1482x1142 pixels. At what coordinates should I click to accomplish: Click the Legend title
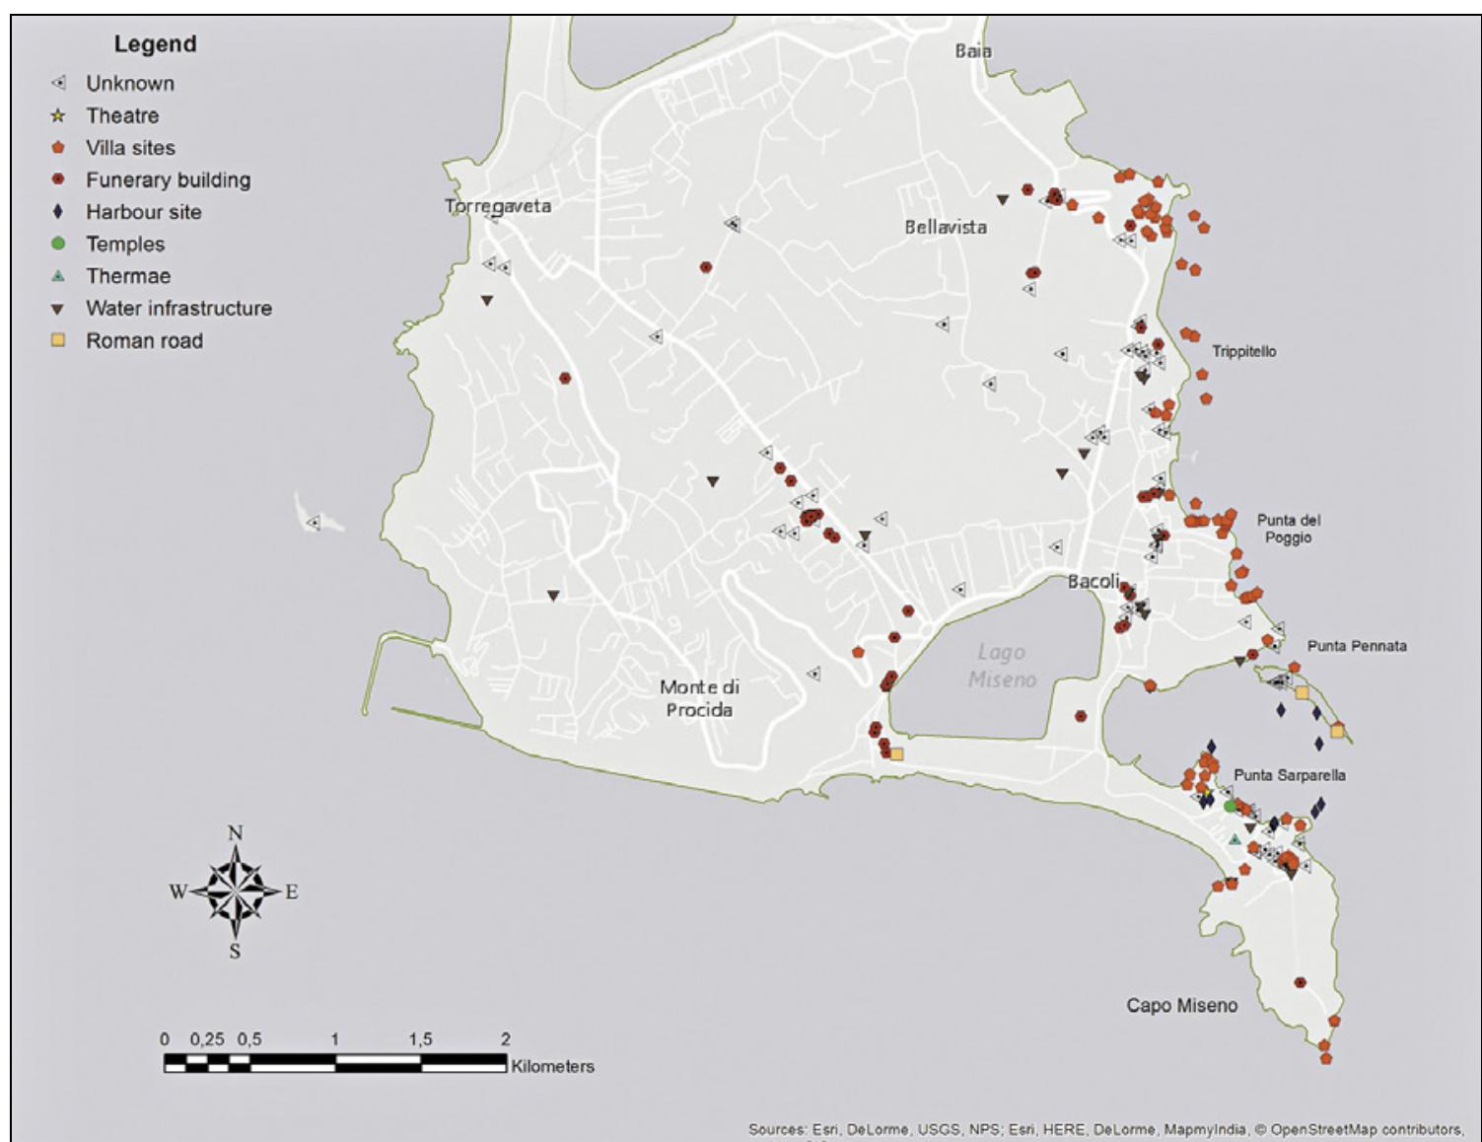pos(155,44)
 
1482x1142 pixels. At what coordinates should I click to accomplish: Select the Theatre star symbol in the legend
pos(58,116)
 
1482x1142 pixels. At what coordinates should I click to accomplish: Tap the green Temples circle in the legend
pos(58,244)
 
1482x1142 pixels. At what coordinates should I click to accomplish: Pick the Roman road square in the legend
pos(58,340)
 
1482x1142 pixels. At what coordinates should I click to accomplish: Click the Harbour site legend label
pos(143,212)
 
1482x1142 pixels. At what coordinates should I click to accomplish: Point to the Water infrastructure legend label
pos(178,309)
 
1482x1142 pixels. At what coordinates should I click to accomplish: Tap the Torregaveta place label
pos(498,206)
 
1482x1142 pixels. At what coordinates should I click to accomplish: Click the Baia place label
pos(973,51)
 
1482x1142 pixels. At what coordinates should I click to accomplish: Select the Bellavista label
pos(946,227)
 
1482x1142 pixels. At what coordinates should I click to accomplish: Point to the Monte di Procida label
pos(699,698)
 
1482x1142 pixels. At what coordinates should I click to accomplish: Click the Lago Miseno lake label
pos(1002,666)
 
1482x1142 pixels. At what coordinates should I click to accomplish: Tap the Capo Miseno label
pos(1181,1006)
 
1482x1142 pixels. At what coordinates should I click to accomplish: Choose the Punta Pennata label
pos(1357,646)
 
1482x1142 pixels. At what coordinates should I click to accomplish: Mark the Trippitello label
pos(1243,351)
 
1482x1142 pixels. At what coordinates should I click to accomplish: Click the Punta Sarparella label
pos(1289,775)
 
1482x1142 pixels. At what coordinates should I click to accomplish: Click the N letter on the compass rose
pos(235,833)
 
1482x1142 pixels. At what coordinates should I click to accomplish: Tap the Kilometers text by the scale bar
pos(552,1066)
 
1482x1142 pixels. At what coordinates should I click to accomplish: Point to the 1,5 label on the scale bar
pos(420,1039)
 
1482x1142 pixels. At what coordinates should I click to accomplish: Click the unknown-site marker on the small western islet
pos(314,523)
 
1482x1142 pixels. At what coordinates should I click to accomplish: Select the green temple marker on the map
pos(1230,807)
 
